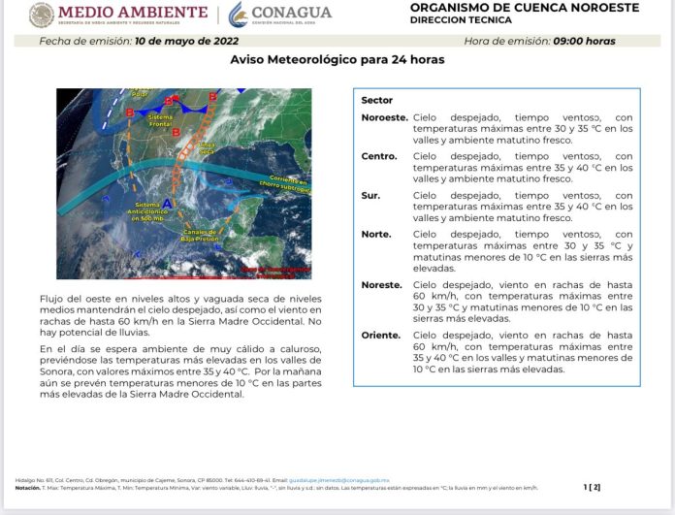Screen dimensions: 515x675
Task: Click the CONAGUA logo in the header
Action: coord(281,15)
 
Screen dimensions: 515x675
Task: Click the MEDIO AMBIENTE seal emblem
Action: coord(42,15)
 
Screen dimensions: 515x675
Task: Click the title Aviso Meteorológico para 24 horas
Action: coord(337,60)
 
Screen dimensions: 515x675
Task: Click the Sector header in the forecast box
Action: coord(376,100)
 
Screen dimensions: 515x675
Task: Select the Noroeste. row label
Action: coord(384,116)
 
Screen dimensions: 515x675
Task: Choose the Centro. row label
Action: coord(378,156)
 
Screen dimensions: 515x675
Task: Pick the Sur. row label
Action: coord(370,195)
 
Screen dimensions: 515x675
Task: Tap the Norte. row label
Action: coord(375,234)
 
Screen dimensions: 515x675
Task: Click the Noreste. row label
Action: coord(381,285)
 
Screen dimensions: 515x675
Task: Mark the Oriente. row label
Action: coord(380,335)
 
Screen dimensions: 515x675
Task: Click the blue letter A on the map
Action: coord(165,202)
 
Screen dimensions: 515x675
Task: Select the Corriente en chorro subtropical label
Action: coord(288,183)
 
